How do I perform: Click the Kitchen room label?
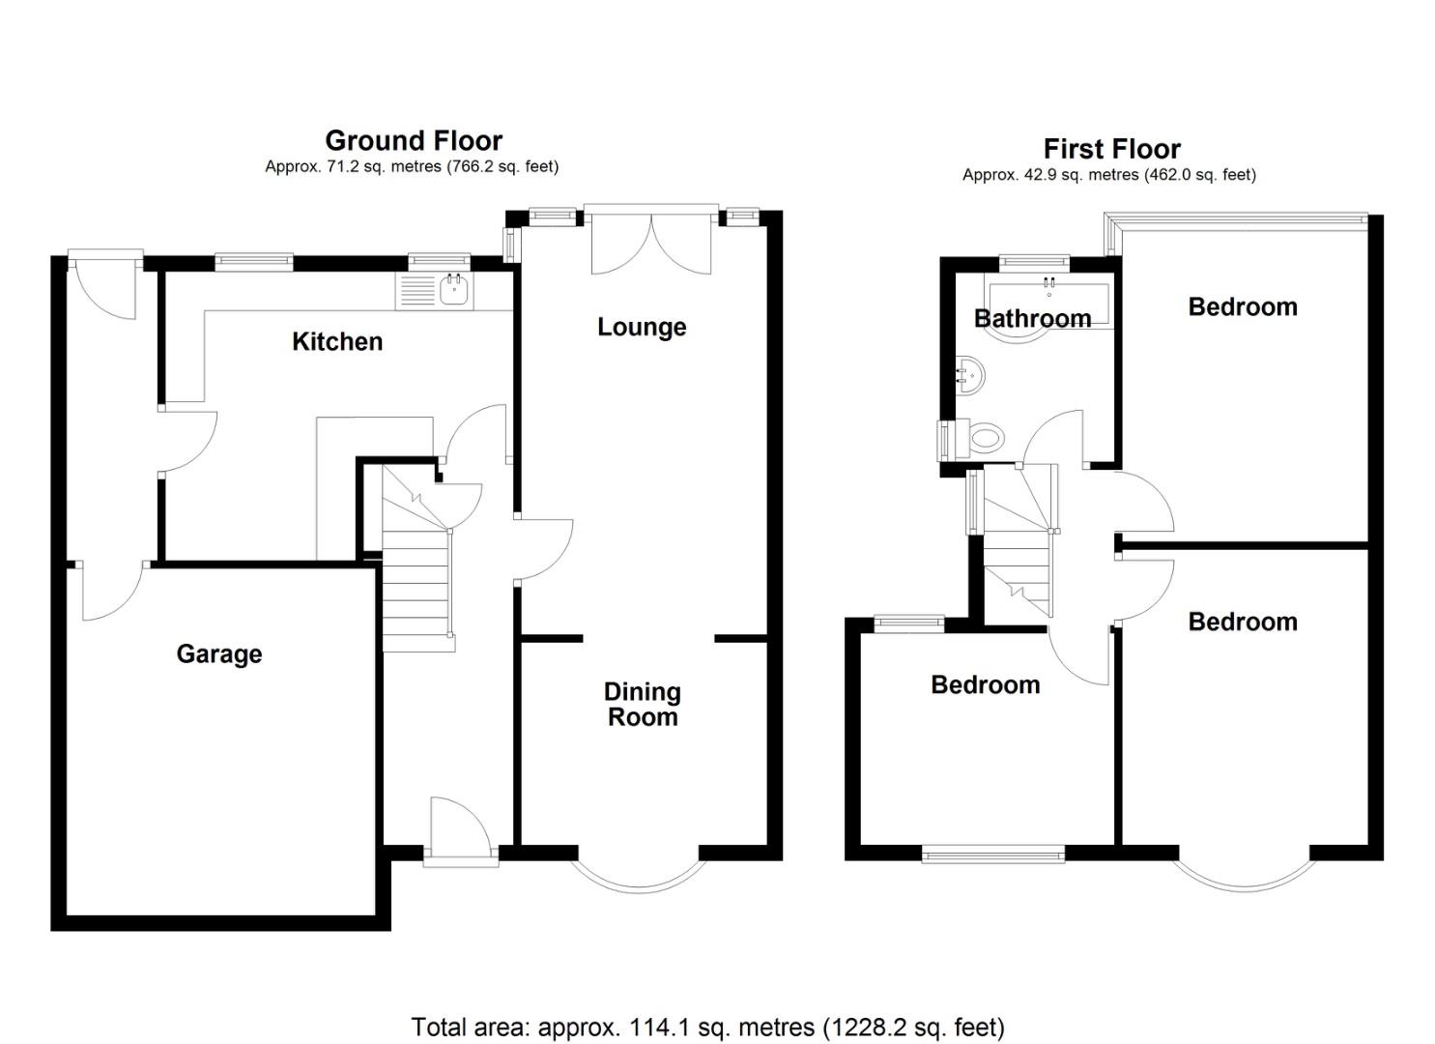point(337,341)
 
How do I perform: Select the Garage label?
point(219,654)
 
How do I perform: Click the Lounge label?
point(642,328)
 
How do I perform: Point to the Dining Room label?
point(643,705)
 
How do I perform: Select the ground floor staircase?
point(417,580)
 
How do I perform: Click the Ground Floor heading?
point(414,141)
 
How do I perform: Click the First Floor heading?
point(1111,149)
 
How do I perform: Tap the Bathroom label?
point(1032,318)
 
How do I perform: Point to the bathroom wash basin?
point(968,373)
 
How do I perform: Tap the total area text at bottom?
point(707,1027)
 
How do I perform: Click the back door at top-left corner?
point(104,285)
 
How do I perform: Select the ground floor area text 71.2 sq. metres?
point(412,166)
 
